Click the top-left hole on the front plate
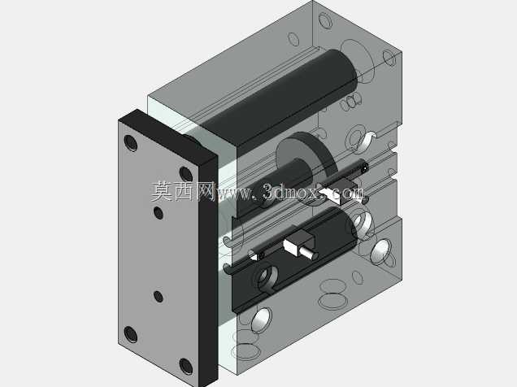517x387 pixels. pyautogui.click(x=131, y=143)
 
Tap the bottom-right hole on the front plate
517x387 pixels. pyautogui.click(x=186, y=366)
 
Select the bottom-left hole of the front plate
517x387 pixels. pyautogui.click(x=131, y=334)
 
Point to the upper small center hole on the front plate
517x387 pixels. pyautogui.click(x=159, y=213)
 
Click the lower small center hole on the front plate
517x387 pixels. pyautogui.click(x=159, y=297)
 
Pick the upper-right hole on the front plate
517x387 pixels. pyautogui.click(x=186, y=174)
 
